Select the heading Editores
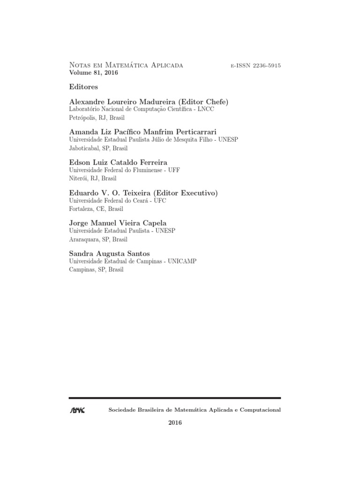83,87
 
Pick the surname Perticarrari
191,132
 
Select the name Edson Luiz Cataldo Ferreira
118,163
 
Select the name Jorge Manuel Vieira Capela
118,224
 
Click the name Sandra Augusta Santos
110,254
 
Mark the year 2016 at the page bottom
175,423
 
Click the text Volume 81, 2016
94,73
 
